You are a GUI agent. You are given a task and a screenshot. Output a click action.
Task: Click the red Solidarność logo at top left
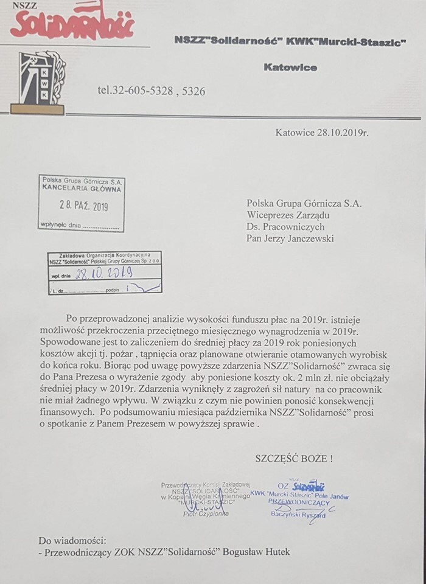coord(72,23)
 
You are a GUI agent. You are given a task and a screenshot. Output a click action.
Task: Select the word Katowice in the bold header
coord(290,68)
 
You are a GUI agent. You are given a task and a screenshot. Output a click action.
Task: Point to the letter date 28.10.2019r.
coord(322,131)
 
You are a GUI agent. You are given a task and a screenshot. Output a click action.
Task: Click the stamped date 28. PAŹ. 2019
coord(83,206)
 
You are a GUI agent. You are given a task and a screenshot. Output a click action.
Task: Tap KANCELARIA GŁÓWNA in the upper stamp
coord(81,189)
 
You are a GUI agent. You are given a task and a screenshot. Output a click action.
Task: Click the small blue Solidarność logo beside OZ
coord(309,486)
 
